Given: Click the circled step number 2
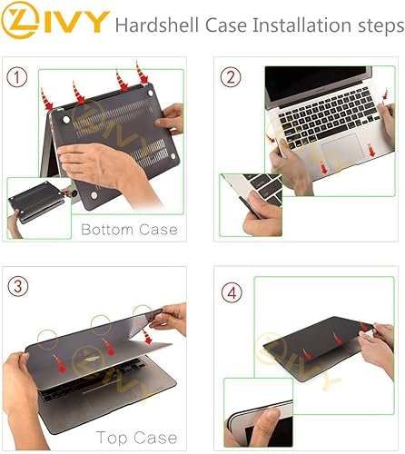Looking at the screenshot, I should tap(233, 77).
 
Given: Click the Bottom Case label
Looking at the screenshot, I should tap(130, 230).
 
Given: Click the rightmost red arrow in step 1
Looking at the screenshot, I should tap(143, 71).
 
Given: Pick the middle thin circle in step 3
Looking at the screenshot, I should tap(102, 324).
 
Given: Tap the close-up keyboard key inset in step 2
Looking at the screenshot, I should tap(251, 205).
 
